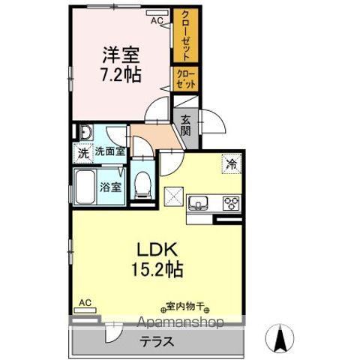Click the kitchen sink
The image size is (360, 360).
pyautogui.click(x=200, y=202)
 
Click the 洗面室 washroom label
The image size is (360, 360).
pyautogui.click(x=109, y=152)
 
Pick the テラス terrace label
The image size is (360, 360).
pyautogui.click(x=156, y=341)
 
